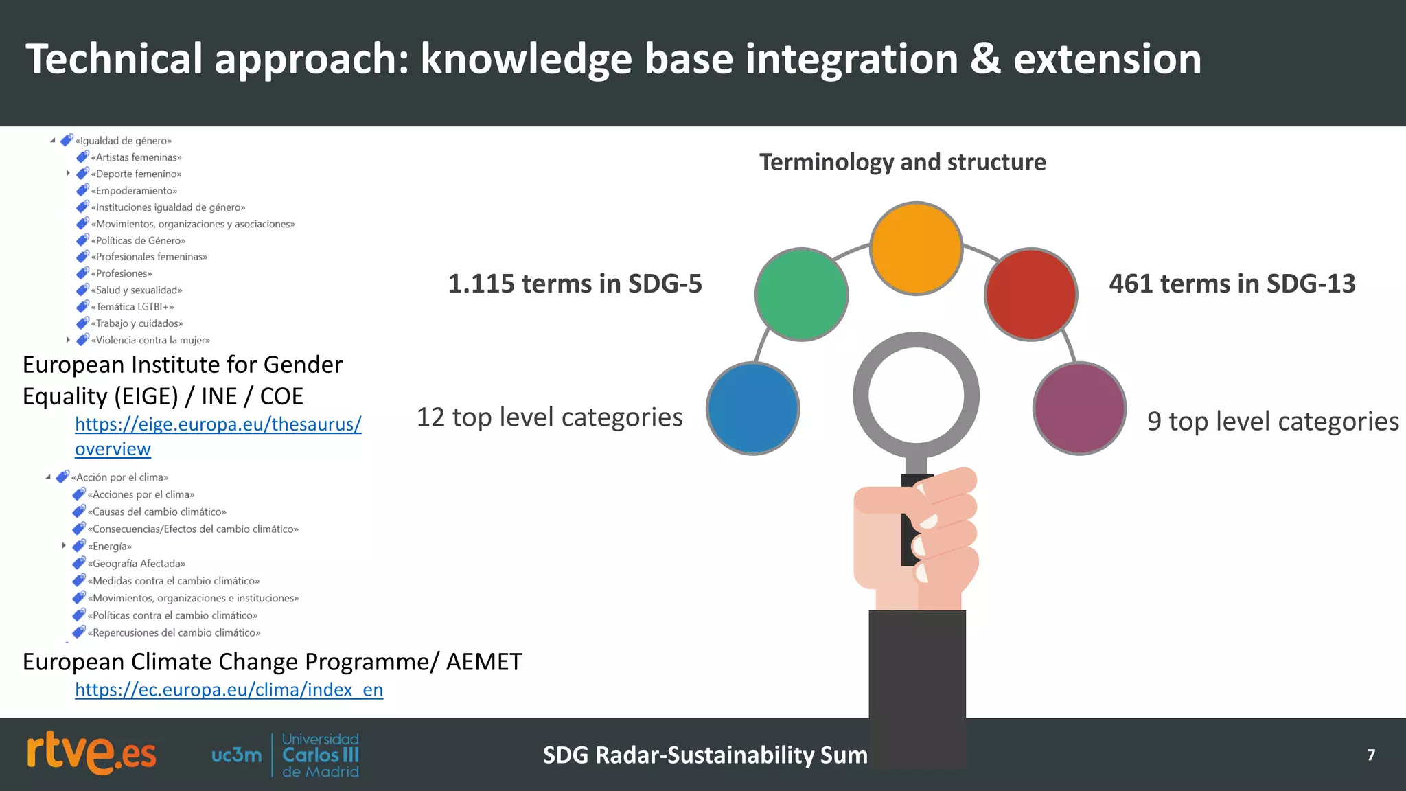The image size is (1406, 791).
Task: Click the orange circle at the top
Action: (x=916, y=249)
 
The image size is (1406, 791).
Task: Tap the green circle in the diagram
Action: (x=801, y=295)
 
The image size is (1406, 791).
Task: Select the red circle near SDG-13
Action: (x=1030, y=295)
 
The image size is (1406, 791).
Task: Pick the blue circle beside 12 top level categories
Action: (x=753, y=409)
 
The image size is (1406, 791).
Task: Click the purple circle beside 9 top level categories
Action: (x=1079, y=409)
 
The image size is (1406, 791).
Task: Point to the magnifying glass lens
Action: (x=916, y=395)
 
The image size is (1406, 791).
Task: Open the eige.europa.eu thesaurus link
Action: (x=218, y=424)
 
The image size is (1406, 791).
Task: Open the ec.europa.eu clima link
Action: (x=229, y=689)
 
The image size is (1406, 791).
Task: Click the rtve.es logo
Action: (x=91, y=754)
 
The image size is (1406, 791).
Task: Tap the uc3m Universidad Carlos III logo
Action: (x=285, y=755)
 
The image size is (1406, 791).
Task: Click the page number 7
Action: (x=1370, y=755)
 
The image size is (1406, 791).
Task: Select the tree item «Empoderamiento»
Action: (x=136, y=191)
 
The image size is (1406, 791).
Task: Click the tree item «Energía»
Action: (x=110, y=547)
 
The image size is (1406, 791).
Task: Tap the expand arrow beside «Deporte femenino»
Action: (x=68, y=174)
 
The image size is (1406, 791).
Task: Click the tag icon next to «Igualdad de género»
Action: (x=67, y=140)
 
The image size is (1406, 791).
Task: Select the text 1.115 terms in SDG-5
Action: (x=575, y=284)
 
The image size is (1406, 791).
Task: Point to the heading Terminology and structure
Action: (x=902, y=162)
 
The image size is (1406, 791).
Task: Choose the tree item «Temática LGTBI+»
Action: (x=135, y=307)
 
